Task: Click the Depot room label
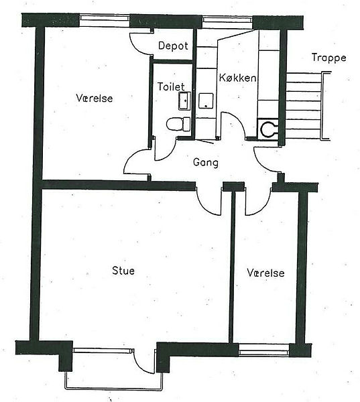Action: (173, 46)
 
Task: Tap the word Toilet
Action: (171, 86)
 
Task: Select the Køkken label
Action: (237, 78)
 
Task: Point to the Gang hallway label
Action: (206, 163)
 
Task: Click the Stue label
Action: (123, 271)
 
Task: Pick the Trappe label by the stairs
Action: (329, 58)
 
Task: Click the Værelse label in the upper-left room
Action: (95, 98)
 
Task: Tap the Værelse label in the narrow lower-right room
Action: (266, 273)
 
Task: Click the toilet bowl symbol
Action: (178, 125)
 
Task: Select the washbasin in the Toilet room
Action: (184, 101)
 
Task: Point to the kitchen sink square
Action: (206, 100)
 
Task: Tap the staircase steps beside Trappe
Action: (304, 106)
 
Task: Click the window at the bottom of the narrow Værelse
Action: (263, 350)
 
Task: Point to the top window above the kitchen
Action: (227, 19)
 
